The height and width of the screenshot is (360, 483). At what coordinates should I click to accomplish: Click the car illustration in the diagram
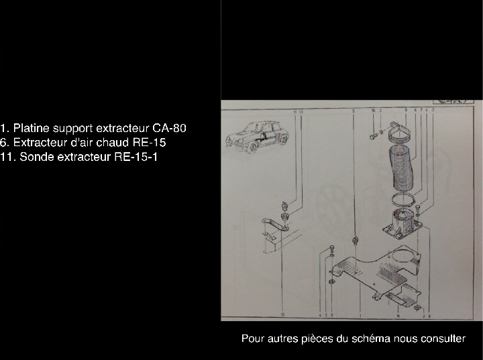click(x=257, y=139)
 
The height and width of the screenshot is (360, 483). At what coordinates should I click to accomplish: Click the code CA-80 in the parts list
click(x=170, y=127)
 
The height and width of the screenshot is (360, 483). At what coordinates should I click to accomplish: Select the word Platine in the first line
click(x=32, y=127)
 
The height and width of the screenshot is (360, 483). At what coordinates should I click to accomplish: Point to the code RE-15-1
click(x=137, y=157)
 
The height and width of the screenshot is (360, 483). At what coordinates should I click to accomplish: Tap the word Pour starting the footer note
click(x=252, y=339)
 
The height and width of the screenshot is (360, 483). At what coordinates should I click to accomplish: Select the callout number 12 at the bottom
click(x=282, y=313)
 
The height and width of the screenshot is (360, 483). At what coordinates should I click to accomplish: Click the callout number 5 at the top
click(x=353, y=109)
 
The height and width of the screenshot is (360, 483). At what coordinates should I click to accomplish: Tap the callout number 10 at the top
click(x=372, y=109)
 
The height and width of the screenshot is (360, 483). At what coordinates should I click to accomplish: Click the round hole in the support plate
click(x=403, y=256)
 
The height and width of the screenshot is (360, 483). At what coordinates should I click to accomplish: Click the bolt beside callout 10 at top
click(x=372, y=136)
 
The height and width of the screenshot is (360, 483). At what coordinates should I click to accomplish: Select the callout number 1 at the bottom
click(x=360, y=314)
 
